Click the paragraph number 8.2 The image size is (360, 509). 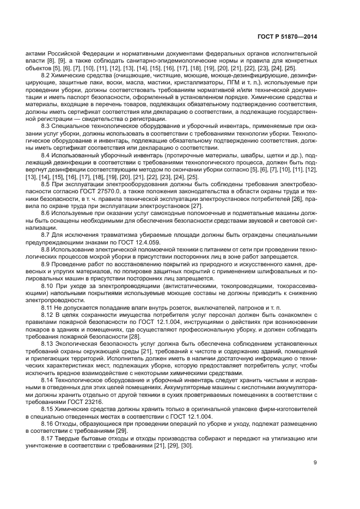47,76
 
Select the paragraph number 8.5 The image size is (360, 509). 47,185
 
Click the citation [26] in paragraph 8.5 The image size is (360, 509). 296,199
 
